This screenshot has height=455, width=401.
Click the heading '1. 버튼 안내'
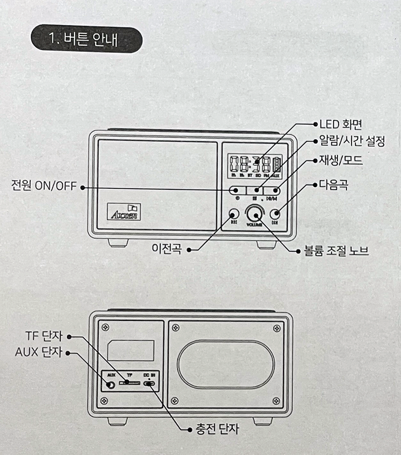point(86,40)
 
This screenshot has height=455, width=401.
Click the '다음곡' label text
point(334,185)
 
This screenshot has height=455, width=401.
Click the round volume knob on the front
point(256,213)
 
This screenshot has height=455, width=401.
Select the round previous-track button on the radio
point(234,214)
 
